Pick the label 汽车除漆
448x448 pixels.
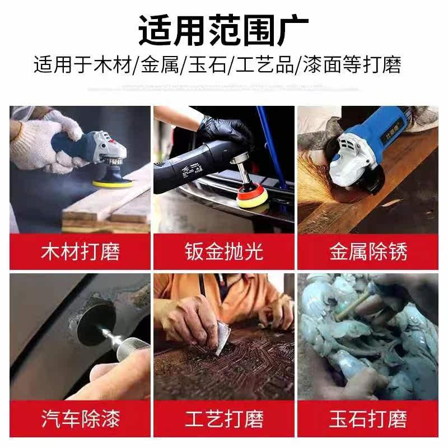click(x=80, y=418)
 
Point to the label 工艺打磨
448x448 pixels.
click(x=224, y=418)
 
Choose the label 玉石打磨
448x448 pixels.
click(x=368, y=418)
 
